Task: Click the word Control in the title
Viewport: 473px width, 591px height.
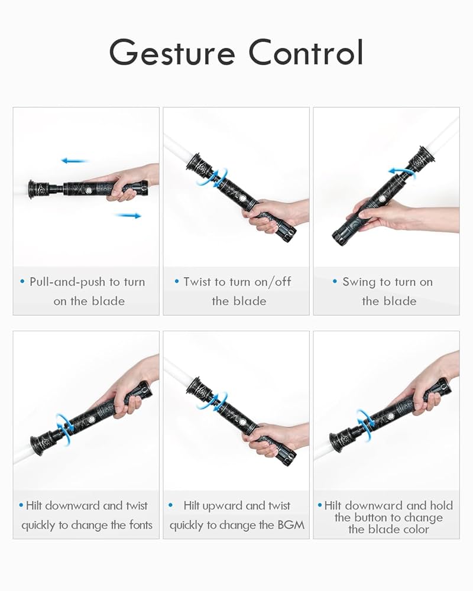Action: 305,53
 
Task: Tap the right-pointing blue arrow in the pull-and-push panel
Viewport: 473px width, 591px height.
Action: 128,216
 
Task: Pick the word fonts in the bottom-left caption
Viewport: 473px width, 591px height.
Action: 137,524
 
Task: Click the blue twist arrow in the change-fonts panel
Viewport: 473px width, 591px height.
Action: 64,424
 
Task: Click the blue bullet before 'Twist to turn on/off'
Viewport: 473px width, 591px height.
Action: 177,282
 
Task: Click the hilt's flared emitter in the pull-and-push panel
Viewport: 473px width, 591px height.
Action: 34,189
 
